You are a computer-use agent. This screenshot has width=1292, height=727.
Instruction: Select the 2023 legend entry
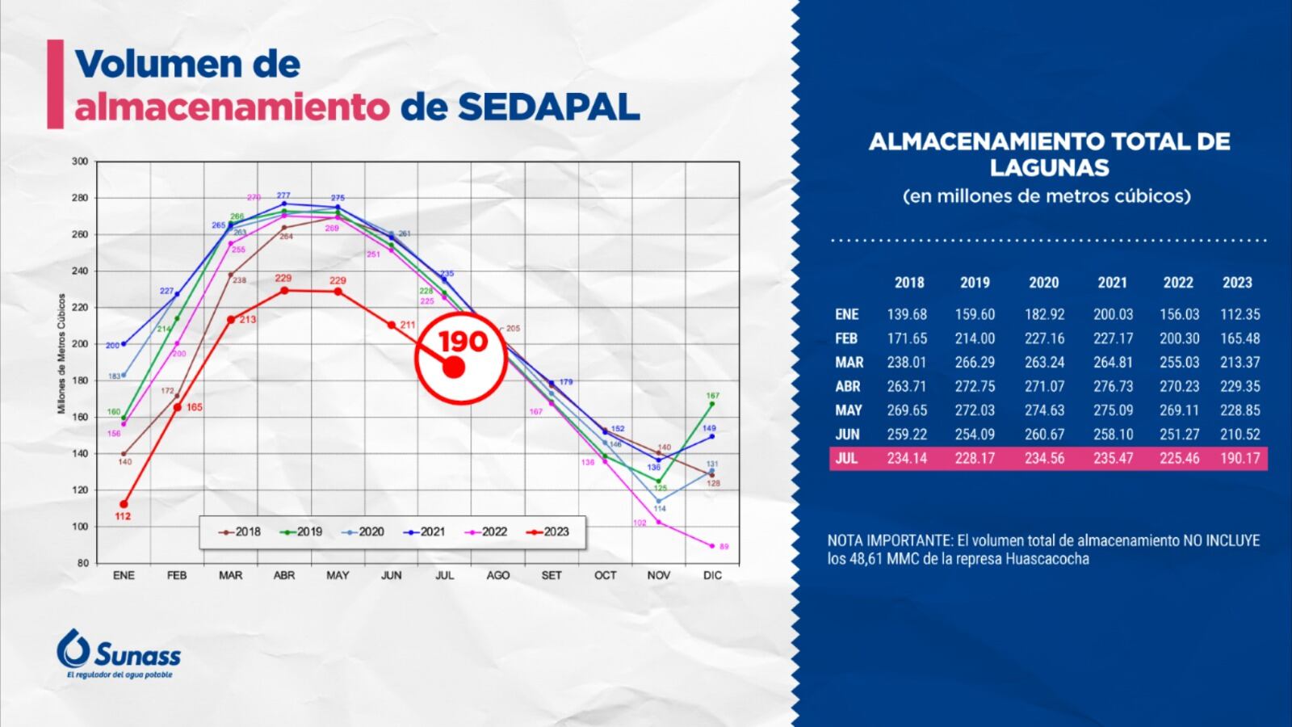point(547,532)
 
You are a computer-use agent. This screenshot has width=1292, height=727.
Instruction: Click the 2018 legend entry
point(239,532)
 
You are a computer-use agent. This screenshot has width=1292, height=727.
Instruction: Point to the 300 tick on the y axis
point(80,162)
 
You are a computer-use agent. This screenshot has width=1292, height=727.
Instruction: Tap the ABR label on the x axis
point(284,575)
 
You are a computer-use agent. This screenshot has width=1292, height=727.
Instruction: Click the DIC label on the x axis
point(712,575)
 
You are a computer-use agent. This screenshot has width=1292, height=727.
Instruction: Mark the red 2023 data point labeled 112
point(124,504)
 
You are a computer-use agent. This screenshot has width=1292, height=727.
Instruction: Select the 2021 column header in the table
point(1112,283)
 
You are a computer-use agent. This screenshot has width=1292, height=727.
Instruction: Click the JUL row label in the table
point(846,458)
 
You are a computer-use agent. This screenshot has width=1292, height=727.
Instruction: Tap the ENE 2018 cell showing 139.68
point(907,314)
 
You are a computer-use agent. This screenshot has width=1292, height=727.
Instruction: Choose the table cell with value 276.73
point(1113,386)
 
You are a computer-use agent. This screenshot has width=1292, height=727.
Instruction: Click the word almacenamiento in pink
point(232,107)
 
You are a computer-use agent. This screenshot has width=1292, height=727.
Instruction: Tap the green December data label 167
point(712,396)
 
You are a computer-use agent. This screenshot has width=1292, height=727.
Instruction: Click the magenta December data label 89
point(724,547)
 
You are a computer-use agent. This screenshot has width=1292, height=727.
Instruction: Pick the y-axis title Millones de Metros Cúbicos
point(61,354)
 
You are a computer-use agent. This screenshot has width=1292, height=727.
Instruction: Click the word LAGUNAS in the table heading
point(1049,167)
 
